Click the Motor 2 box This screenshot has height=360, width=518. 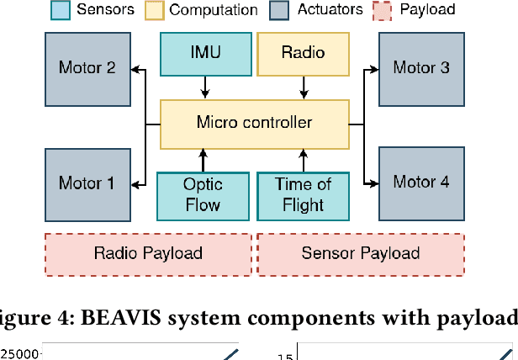coord(87,67)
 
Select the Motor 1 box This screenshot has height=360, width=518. coord(87,183)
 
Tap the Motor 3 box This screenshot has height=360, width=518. coord(420,67)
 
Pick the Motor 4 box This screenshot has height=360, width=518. coord(420,182)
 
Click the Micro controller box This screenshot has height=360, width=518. coord(254,123)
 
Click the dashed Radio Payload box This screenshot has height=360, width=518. coord(147,253)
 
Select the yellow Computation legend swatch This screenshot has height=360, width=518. coord(154,11)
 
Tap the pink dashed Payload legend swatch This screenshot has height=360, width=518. coord(382,11)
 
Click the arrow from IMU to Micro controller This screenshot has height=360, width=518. coord(204,87)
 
